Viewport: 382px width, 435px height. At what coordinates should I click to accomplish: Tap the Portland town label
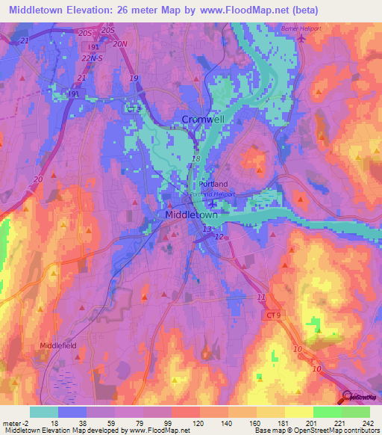pos(213,184)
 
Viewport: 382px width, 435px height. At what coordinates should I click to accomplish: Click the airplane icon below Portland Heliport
pos(213,203)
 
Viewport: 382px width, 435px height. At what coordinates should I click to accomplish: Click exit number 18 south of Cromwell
pos(195,159)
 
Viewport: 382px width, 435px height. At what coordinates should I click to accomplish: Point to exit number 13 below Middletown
pos(207,229)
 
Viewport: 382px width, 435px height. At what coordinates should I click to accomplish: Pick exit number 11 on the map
pos(261,297)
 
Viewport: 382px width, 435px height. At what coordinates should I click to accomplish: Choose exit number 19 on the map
pos(134,78)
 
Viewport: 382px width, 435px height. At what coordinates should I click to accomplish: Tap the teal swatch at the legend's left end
pos(44,412)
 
